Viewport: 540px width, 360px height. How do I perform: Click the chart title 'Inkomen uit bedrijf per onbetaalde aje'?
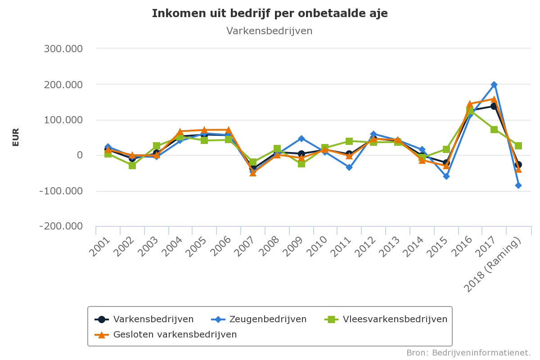pyautogui.click(x=270, y=13)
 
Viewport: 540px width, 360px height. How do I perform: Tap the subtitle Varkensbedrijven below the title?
pyautogui.click(x=269, y=31)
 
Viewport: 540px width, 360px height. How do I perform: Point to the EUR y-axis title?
pyautogui.click(x=16, y=137)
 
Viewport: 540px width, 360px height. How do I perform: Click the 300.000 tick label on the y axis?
pyautogui.click(x=63, y=49)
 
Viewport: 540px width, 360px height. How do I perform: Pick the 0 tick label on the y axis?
pyautogui.click(x=79, y=155)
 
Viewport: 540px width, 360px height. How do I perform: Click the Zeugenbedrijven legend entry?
pyautogui.click(x=268, y=319)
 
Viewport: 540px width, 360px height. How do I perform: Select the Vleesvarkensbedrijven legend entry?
pyautogui.click(x=395, y=319)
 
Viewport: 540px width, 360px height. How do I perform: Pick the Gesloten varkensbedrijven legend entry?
pyautogui.click(x=175, y=334)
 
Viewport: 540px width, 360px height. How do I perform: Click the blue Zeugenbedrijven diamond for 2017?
pyautogui.click(x=494, y=85)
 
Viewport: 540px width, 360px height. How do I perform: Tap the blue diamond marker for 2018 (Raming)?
pyautogui.click(x=518, y=185)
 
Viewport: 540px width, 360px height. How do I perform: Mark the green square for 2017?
pyautogui.click(x=494, y=130)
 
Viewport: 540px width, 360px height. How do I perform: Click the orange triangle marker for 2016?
pyautogui.click(x=470, y=104)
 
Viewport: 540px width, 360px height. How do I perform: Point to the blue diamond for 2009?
pyautogui.click(x=301, y=139)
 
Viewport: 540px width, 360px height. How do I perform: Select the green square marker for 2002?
pyautogui.click(x=132, y=166)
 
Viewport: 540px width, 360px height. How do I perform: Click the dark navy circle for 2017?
pyautogui.click(x=494, y=106)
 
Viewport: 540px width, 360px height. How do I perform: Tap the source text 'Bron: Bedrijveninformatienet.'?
pyautogui.click(x=468, y=352)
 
